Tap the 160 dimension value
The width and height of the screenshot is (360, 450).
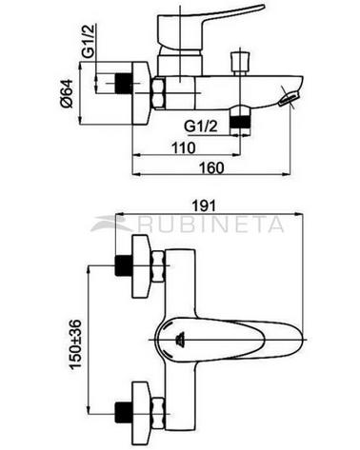pyautogui.click(x=211, y=167)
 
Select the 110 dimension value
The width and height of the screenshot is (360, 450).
pyautogui.click(x=184, y=147)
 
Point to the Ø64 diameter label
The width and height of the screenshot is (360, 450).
pyautogui.click(x=68, y=94)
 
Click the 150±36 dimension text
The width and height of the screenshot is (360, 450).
pyautogui.click(x=75, y=344)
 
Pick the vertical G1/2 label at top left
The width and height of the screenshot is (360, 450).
pyautogui.click(x=89, y=42)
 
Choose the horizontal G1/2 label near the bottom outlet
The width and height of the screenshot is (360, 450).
pyautogui.click(x=201, y=127)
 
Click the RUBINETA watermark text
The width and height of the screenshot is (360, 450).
pyautogui.click(x=210, y=225)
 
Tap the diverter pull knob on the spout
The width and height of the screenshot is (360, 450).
pyautogui.click(x=239, y=62)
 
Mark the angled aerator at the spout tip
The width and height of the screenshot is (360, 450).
pyautogui.click(x=289, y=98)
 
